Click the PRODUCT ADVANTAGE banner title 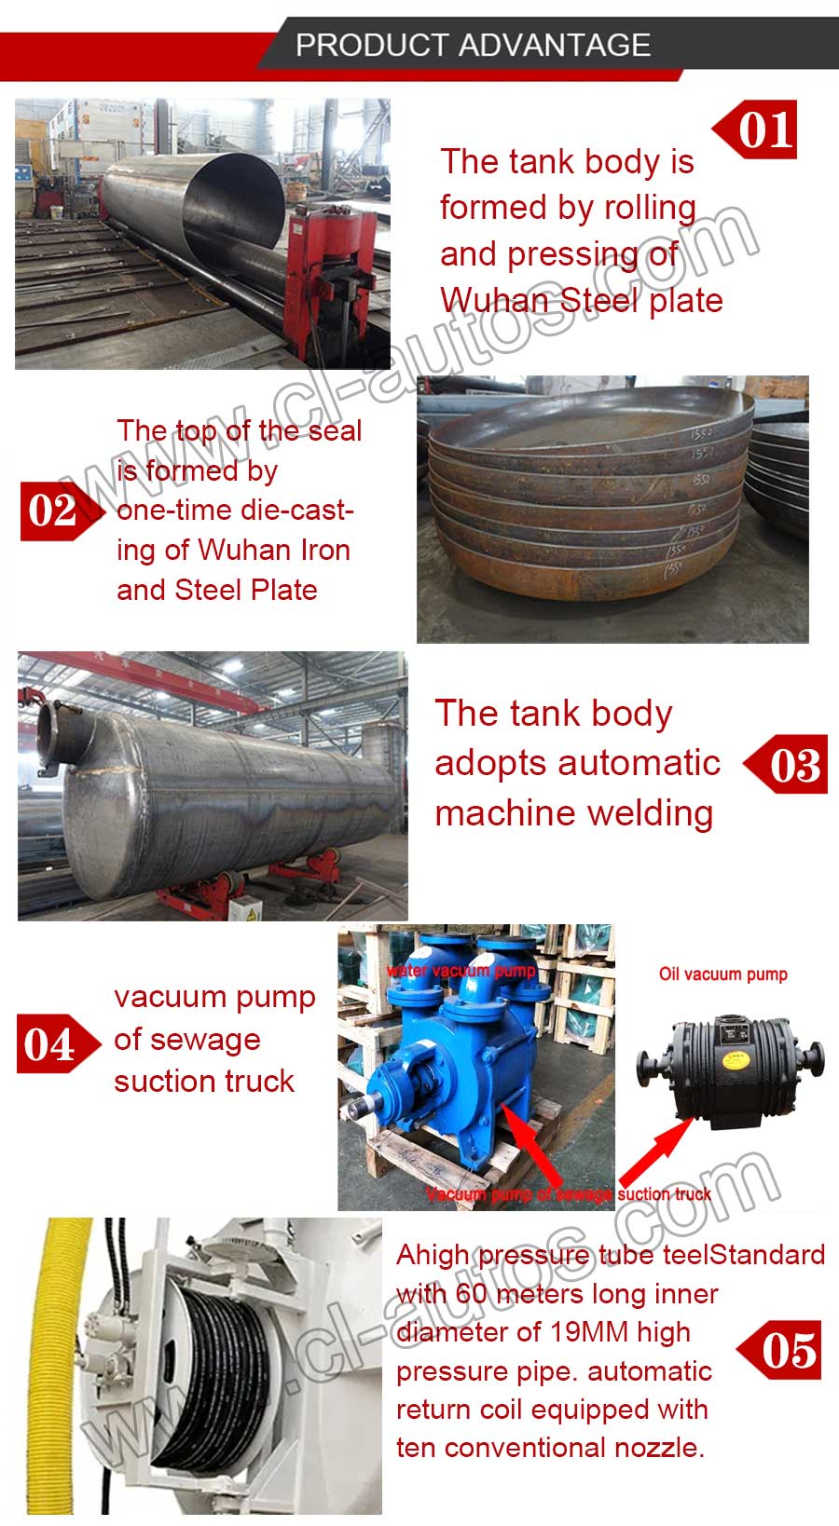473,45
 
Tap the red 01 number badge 760,129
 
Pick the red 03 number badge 791,764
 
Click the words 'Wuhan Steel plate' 581,301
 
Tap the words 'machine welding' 573,812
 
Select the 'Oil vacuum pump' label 722,974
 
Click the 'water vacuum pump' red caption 461,970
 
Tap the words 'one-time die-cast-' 235,511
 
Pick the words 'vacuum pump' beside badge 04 214,998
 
